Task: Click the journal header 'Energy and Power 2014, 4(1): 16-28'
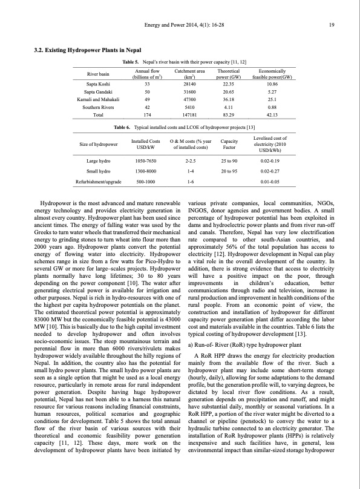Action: tap(180, 25)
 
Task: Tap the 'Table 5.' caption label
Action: tap(131, 63)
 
